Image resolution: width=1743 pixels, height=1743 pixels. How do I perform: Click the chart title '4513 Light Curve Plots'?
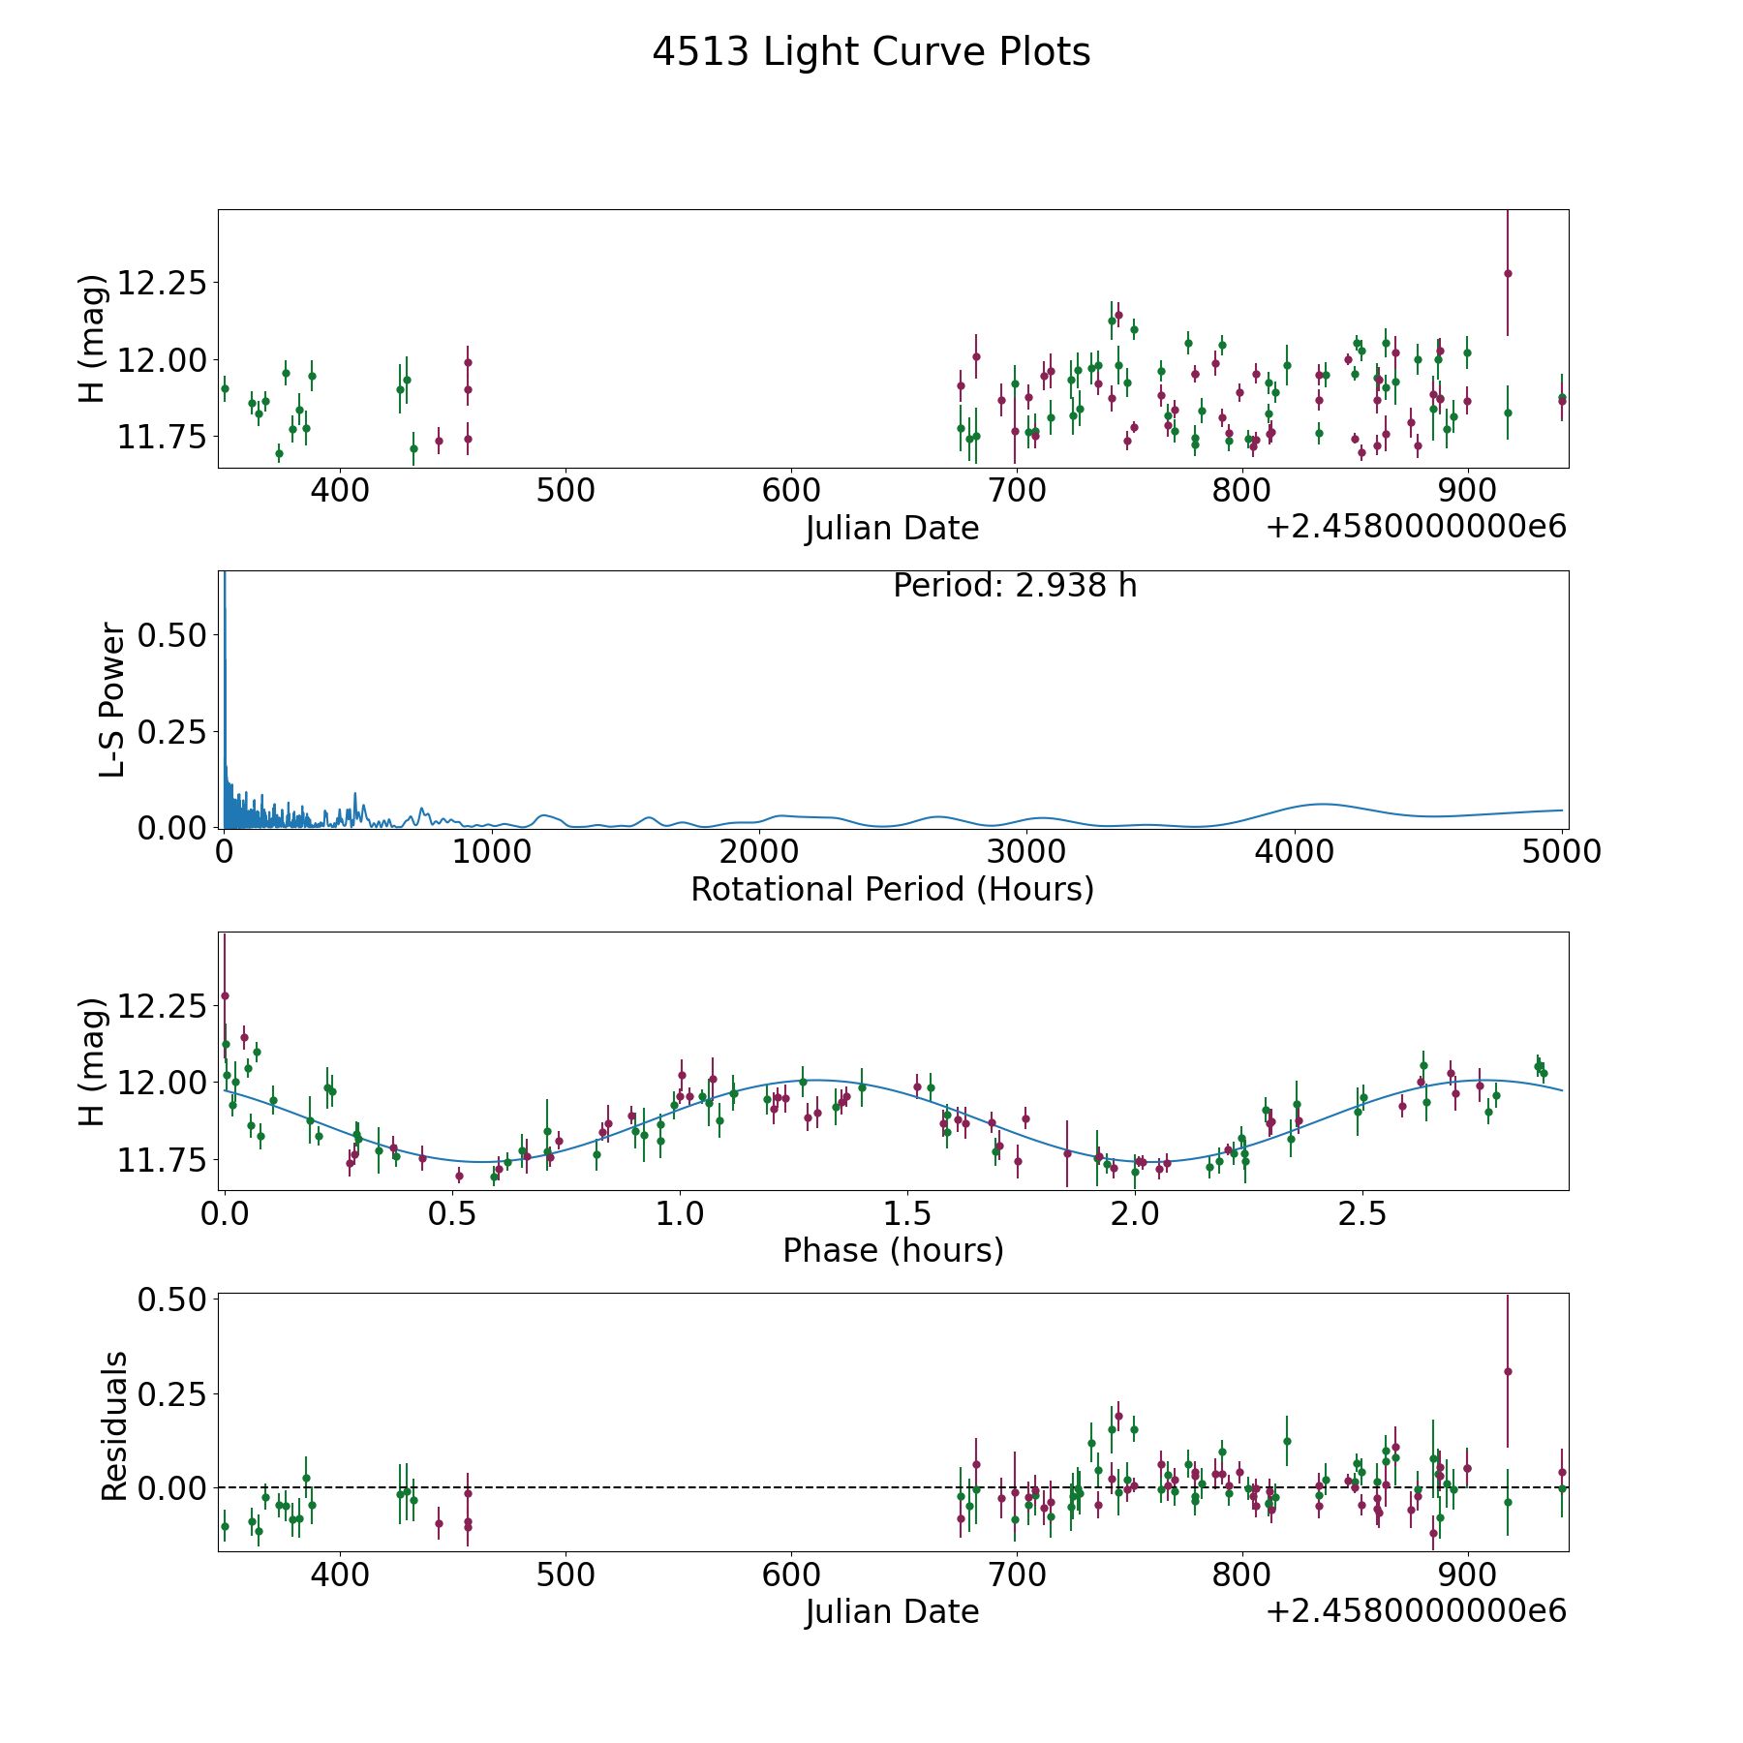click(871, 52)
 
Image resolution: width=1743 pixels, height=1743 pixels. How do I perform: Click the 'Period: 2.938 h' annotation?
click(1014, 586)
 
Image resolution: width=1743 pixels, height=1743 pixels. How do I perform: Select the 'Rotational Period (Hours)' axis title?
click(892, 889)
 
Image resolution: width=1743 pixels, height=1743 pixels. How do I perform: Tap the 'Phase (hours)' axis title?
click(893, 1250)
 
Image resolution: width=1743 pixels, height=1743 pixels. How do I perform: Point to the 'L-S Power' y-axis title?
click(112, 699)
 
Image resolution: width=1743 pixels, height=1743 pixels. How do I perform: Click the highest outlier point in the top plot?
click(1508, 273)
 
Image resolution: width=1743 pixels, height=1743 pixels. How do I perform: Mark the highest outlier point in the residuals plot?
click(1508, 1371)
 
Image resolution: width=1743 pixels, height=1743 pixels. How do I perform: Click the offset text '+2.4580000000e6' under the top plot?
click(1416, 528)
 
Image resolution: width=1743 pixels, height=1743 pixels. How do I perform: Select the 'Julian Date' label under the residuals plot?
click(892, 1612)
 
